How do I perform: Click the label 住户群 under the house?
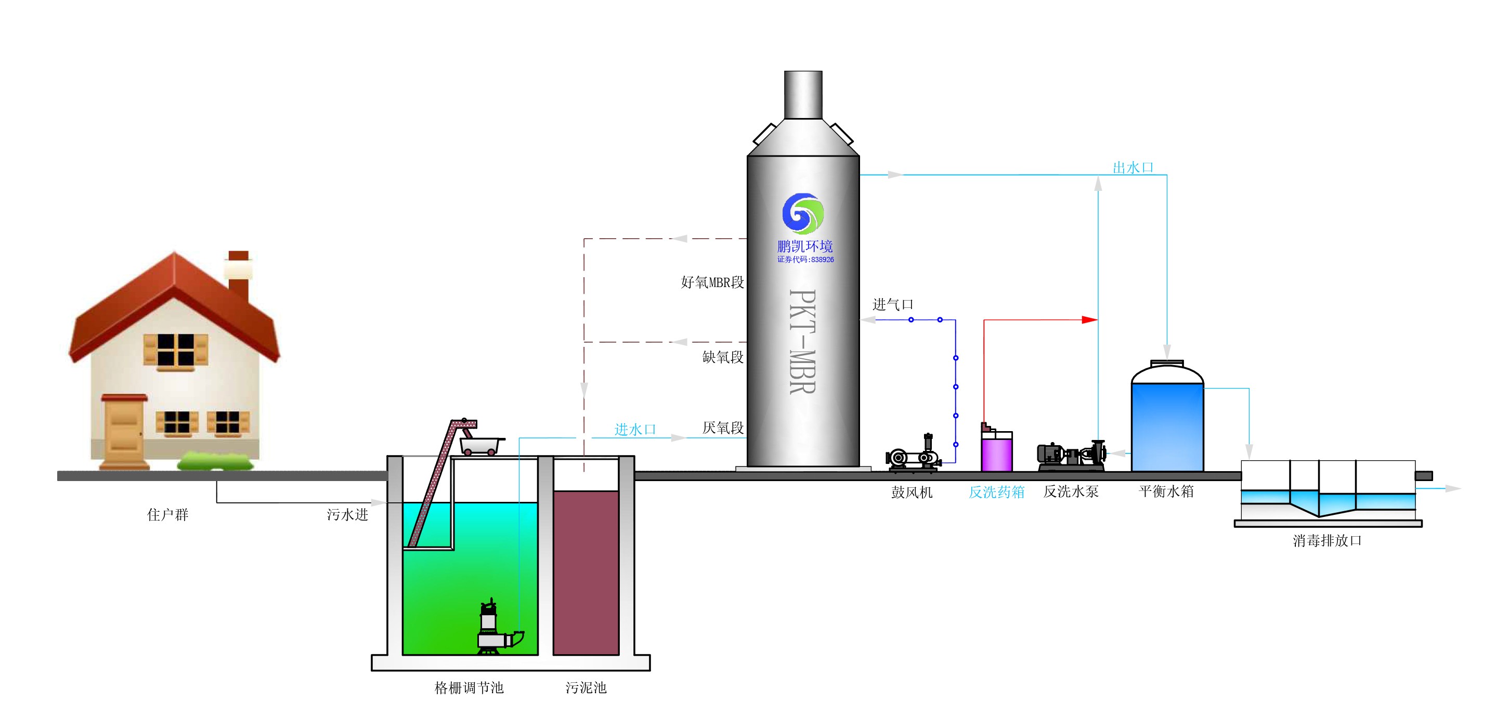click(x=167, y=514)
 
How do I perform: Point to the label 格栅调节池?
click(x=469, y=687)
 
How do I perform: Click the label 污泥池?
click(x=586, y=687)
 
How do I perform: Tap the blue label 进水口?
click(x=635, y=430)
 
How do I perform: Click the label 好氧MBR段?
click(x=712, y=282)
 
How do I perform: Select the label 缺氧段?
click(x=723, y=357)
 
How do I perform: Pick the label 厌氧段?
click(x=723, y=427)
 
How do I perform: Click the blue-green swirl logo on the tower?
click(x=803, y=214)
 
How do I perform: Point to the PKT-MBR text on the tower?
click(x=802, y=341)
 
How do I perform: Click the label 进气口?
click(x=893, y=305)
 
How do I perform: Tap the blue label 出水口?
click(x=1133, y=167)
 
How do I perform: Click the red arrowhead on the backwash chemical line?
click(x=1089, y=320)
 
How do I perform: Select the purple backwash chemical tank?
click(x=996, y=451)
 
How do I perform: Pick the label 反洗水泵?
click(x=1071, y=491)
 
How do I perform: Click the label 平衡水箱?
click(x=1166, y=491)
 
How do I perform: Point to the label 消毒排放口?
click(x=1327, y=540)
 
